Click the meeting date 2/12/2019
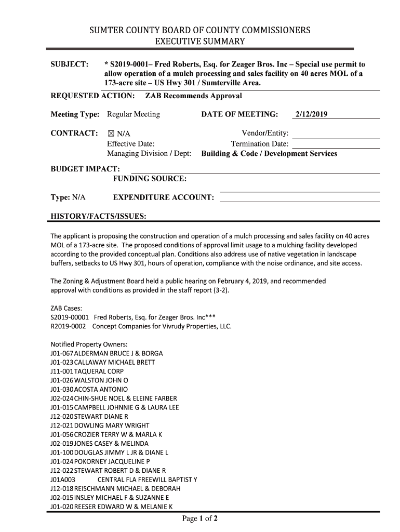(311, 114)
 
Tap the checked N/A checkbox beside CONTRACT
(111, 134)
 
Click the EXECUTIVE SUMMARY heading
(200, 41)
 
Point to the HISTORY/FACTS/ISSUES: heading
(98, 216)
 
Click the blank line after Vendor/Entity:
(336, 134)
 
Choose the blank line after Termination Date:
(336, 144)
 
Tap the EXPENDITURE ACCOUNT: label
(164, 198)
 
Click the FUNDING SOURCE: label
(150, 179)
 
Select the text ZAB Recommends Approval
(193, 96)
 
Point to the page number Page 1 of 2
(199, 518)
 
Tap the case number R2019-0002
(70, 327)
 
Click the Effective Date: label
(131, 144)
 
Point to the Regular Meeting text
(134, 114)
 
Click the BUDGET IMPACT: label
(85, 169)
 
